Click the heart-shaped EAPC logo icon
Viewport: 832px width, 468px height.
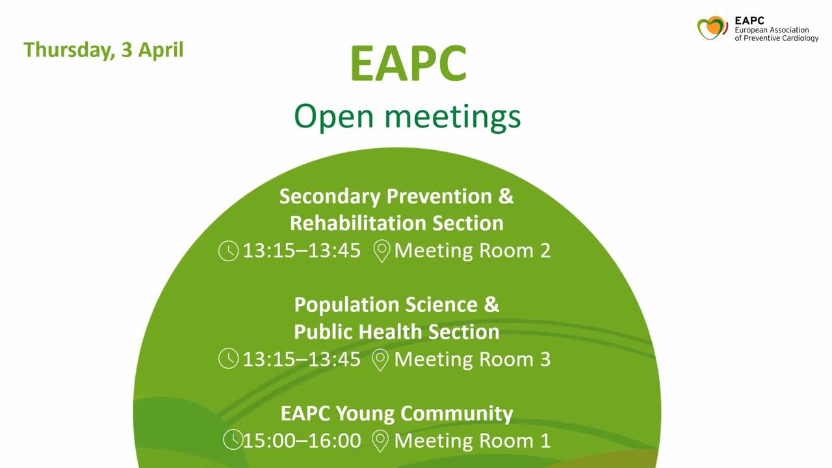click(712, 28)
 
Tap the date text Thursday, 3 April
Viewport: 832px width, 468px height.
click(103, 50)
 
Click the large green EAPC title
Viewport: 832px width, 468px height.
click(408, 63)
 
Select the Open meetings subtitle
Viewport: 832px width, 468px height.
click(407, 117)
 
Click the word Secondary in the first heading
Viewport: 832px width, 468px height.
click(330, 196)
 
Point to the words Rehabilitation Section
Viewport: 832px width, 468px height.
click(396, 223)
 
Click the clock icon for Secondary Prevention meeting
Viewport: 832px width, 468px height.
click(228, 251)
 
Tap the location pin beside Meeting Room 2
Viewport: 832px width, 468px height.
click(382, 251)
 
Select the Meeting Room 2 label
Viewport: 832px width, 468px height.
click(472, 250)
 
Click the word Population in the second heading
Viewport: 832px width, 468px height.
click(346, 305)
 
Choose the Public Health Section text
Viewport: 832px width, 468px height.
click(396, 331)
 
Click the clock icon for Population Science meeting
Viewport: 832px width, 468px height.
click(228, 358)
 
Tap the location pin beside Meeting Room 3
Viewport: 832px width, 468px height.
click(380, 359)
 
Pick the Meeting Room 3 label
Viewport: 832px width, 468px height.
click(472, 359)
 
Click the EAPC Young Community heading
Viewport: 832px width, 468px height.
click(396, 414)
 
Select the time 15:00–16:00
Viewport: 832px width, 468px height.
click(302, 441)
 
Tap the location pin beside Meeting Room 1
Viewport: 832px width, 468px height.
click(380, 441)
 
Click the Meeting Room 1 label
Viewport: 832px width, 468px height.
click(472, 441)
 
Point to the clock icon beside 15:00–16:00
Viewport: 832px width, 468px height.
click(233, 439)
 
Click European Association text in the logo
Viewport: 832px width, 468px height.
click(772, 30)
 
